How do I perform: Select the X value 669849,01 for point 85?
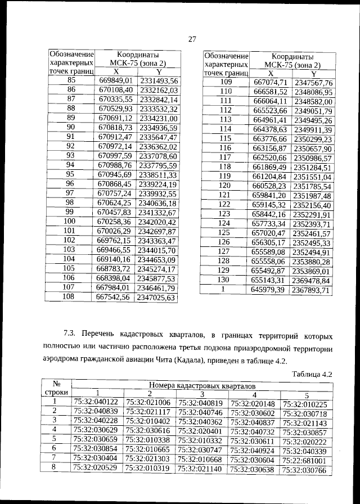tap(115, 80)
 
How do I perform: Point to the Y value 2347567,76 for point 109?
tap(313, 83)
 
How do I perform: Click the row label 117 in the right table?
tap(226, 157)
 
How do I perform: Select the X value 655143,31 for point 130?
tap(269, 280)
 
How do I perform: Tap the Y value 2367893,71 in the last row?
tap(313, 290)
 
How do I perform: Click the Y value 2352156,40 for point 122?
tap(313, 205)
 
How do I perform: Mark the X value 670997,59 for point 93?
tap(115, 156)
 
